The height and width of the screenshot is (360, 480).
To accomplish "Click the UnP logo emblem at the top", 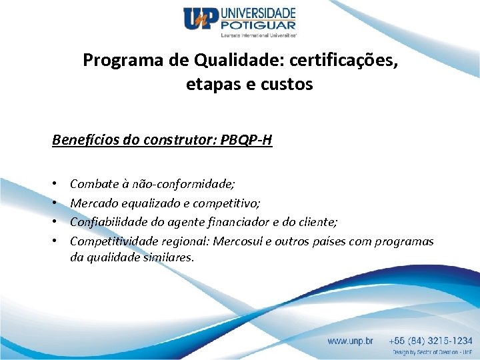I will (x=202, y=19).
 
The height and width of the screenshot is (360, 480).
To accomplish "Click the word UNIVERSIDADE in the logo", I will (x=259, y=13).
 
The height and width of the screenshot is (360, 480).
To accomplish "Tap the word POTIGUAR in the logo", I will (x=258, y=25).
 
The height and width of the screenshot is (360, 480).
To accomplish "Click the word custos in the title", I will (x=287, y=85).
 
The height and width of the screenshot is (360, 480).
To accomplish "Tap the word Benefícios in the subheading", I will (x=82, y=141).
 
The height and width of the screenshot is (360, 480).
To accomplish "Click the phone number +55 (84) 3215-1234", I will (x=431, y=341).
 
